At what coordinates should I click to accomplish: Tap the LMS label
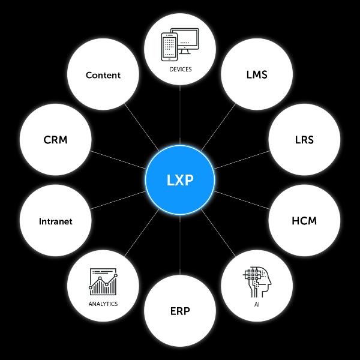256,75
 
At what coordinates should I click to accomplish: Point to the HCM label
304,220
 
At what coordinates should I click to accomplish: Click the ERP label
180,311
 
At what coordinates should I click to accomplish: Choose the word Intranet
55,221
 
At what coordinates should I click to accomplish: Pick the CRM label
55,140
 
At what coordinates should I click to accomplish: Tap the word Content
103,75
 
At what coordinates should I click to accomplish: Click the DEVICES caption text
180,70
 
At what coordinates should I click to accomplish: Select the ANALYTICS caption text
103,304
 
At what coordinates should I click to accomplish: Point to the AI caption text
256,304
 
